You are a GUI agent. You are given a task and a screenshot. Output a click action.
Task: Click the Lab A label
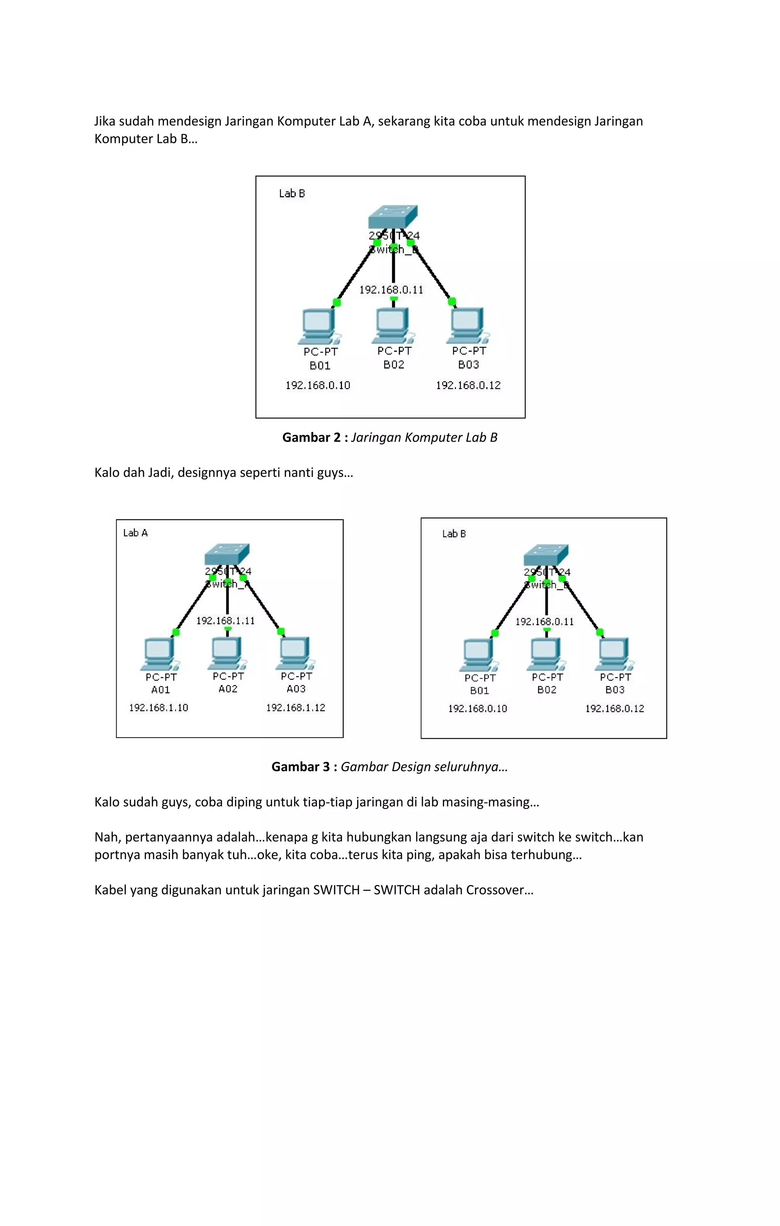click(136, 533)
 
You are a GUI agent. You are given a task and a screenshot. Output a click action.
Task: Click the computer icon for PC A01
click(159, 654)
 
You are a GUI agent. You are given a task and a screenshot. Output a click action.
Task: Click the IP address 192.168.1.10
click(158, 708)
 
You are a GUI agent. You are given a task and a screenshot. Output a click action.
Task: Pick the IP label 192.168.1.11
click(225, 621)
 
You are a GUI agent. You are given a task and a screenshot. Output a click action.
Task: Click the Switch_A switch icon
click(227, 554)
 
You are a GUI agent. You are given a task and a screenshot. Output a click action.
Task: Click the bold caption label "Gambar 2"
click(310, 437)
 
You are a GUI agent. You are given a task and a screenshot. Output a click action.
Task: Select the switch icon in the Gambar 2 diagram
click(393, 217)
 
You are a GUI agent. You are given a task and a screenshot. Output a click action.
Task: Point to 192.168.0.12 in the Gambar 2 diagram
click(468, 386)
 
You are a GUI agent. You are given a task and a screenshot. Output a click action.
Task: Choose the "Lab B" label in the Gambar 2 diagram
click(292, 194)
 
